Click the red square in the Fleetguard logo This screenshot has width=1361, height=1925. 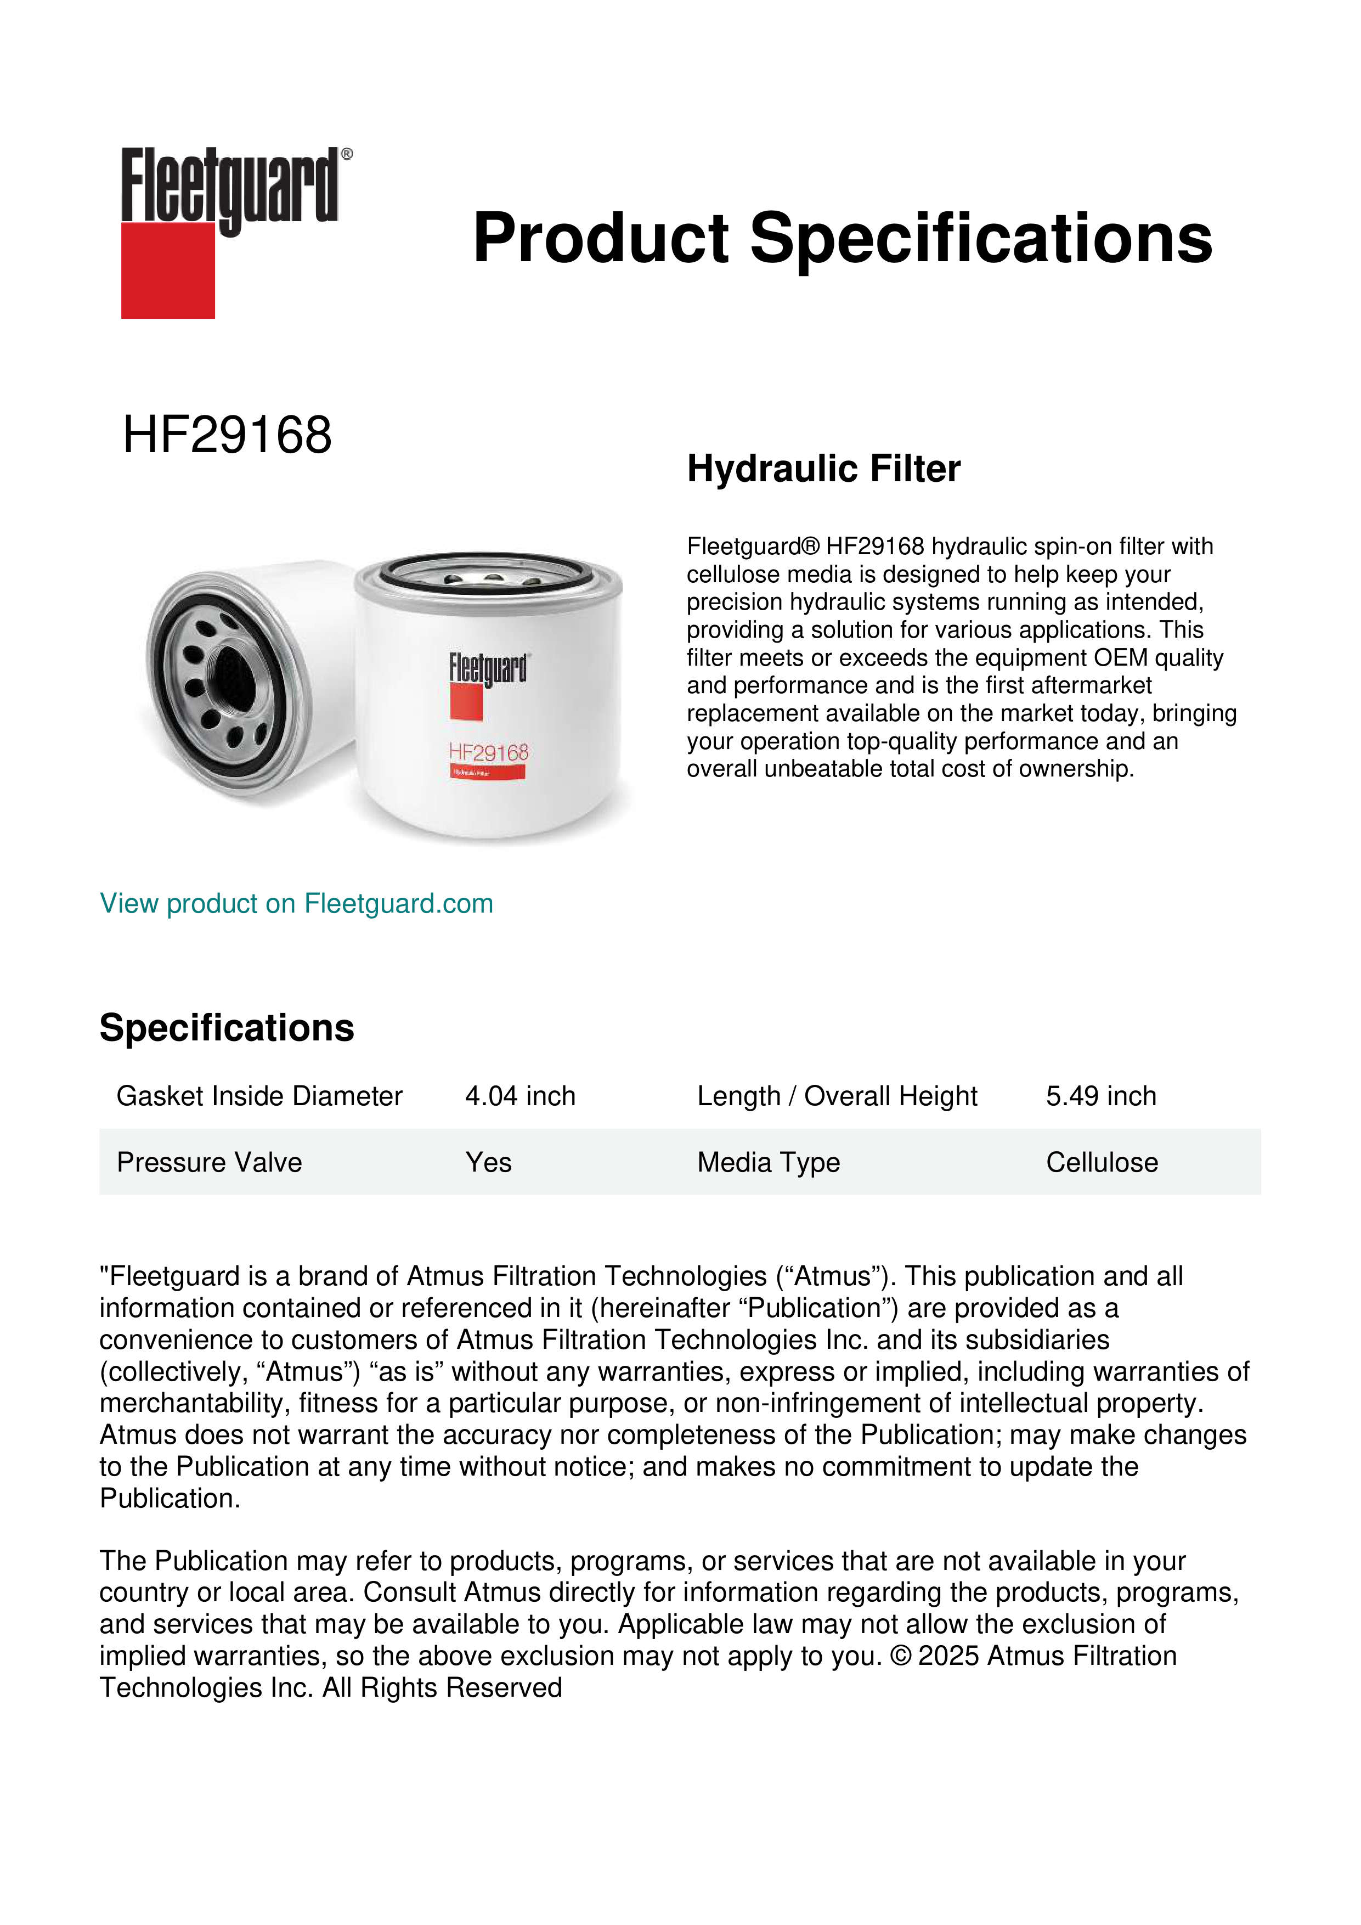click(168, 270)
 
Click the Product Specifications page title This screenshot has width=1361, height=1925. click(842, 238)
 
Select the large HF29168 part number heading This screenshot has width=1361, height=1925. click(227, 435)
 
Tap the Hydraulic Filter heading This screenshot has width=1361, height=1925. click(823, 469)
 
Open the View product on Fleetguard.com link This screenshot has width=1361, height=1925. click(296, 903)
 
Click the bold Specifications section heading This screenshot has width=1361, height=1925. click(226, 1028)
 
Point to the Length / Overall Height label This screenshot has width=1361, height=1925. click(837, 1096)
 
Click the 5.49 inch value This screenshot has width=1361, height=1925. click(1100, 1096)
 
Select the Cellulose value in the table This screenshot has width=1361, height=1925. click(1101, 1162)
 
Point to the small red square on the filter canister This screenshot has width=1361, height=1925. click(466, 702)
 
